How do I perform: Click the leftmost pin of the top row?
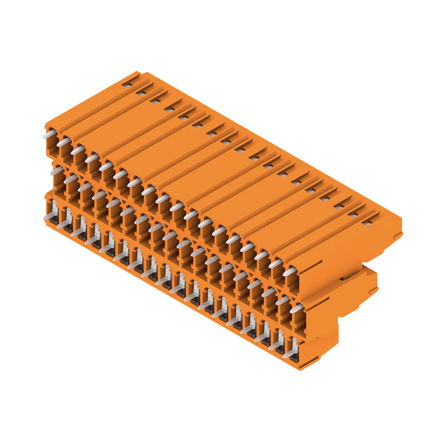[49, 134]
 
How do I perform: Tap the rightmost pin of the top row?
[289, 271]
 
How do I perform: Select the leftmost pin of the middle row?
[56, 171]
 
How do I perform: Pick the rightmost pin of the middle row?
[296, 308]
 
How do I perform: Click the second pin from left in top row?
[63, 142]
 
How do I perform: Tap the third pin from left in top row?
[77, 150]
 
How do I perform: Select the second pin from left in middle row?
[70, 179]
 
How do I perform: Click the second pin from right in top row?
[275, 264]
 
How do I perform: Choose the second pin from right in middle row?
[283, 300]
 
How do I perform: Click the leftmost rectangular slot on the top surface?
[127, 85]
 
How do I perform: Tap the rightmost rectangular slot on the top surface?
[367, 222]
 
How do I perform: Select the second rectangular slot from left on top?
[141, 93]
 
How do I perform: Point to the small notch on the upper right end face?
[397, 236]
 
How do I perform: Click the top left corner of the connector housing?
[46, 126]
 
